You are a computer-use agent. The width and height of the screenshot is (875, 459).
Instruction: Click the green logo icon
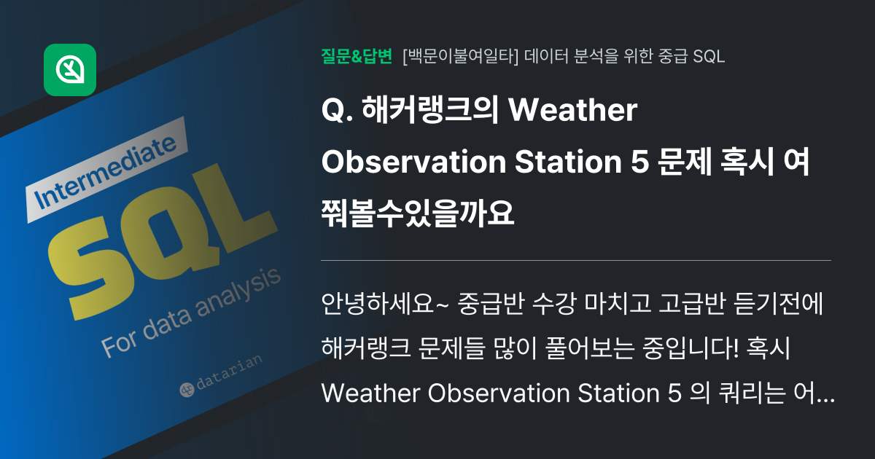point(70,70)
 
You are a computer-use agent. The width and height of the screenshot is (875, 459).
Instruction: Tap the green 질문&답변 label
point(357,57)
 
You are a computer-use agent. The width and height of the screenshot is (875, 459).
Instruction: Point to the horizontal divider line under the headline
point(576,260)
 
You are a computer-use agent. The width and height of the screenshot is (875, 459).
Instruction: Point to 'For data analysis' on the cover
point(192,313)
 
